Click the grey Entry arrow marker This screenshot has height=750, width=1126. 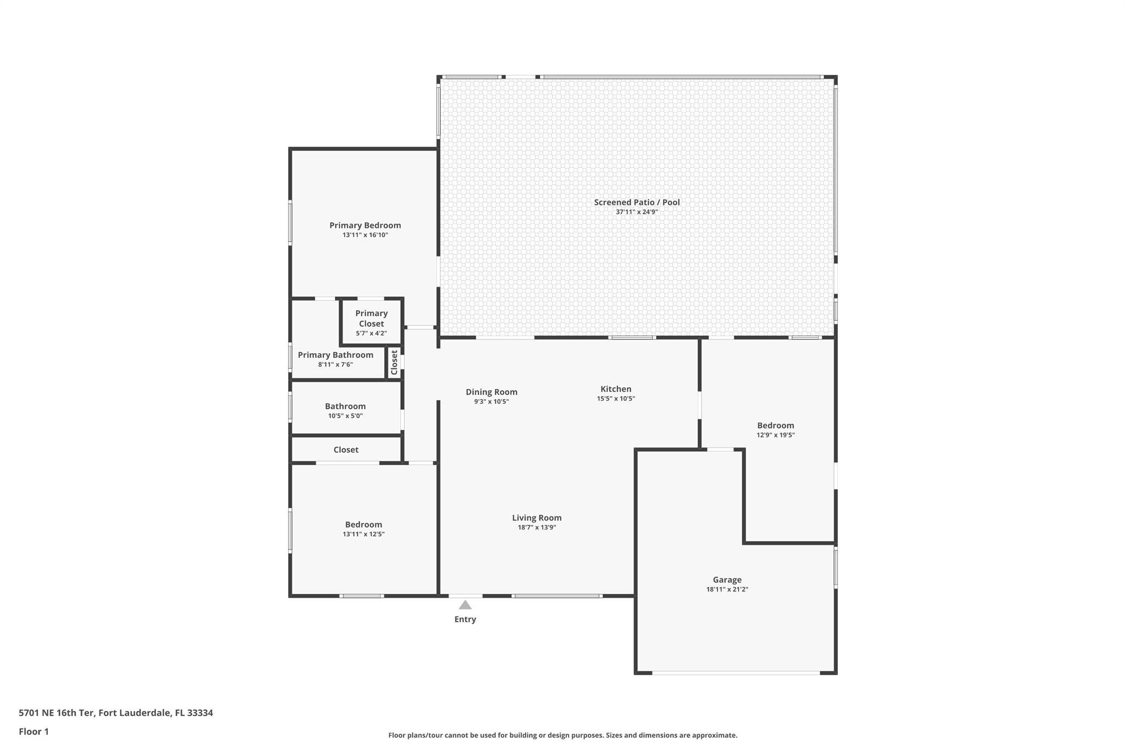tap(465, 605)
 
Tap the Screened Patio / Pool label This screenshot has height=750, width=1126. tap(637, 202)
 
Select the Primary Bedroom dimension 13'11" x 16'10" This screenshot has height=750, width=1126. tap(365, 235)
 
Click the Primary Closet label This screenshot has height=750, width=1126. tap(372, 318)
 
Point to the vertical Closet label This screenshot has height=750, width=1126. tap(394, 363)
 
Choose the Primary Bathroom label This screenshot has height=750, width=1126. tap(335, 355)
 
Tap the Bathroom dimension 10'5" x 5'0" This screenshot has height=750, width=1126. tap(345, 416)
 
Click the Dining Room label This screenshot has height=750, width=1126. tap(492, 392)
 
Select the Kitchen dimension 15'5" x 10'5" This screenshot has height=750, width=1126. tap(616, 399)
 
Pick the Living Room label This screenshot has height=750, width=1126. tap(537, 518)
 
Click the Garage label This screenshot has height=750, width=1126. tap(727, 580)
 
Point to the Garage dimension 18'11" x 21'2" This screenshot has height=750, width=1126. tap(727, 590)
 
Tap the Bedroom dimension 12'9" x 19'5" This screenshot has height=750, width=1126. tap(776, 435)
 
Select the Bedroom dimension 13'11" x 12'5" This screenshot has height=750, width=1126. tap(363, 534)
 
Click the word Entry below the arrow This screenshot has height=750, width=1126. tap(465, 619)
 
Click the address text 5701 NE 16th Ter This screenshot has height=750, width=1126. tap(57, 713)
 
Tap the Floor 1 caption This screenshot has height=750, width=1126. tap(34, 732)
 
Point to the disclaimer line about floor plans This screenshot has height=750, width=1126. tap(563, 735)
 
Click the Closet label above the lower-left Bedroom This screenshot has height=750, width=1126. tap(346, 449)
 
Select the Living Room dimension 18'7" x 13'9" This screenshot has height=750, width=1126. tap(537, 527)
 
